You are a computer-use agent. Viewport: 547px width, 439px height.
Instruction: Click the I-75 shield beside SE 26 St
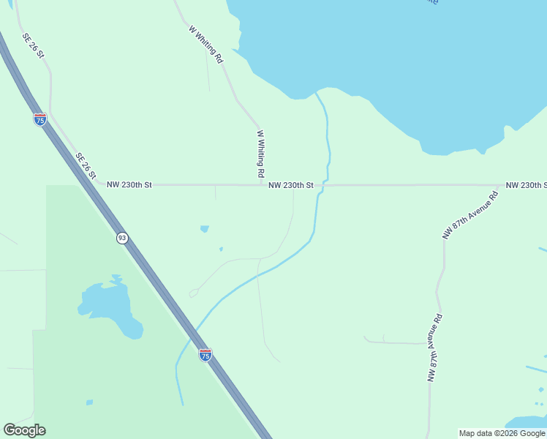pos(40,119)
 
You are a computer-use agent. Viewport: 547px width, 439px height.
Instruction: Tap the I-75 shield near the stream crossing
pos(205,355)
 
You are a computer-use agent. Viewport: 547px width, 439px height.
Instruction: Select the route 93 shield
pos(122,238)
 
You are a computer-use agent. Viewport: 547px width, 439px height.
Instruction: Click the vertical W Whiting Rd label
pos(260,154)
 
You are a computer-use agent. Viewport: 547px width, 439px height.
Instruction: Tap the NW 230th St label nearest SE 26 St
pos(129,185)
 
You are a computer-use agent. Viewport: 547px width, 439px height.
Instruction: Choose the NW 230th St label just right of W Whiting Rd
pos(290,185)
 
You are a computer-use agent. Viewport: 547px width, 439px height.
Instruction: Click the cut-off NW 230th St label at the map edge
pos(526,185)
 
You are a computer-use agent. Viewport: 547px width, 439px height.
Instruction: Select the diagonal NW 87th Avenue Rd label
pos(469,215)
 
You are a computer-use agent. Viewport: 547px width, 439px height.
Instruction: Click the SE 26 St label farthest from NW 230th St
pos(34,45)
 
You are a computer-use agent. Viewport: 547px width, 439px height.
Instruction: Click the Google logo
pos(24,430)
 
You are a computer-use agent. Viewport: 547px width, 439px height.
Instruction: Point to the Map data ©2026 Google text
pos(502,433)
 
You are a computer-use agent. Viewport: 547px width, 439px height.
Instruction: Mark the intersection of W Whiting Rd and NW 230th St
pos(261,185)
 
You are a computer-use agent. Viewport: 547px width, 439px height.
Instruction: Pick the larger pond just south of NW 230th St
pos(205,229)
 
